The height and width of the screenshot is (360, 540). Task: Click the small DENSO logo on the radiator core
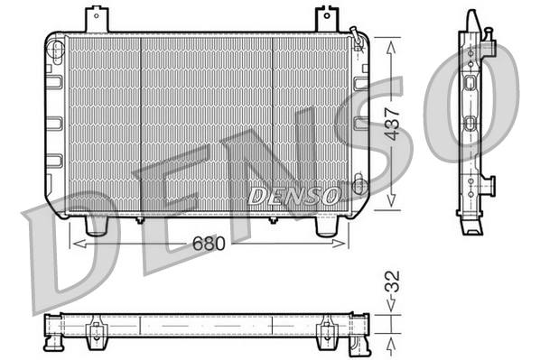click(x=293, y=194)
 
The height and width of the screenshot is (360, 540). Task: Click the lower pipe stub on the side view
click(x=490, y=184)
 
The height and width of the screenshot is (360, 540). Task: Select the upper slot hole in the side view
click(x=470, y=83)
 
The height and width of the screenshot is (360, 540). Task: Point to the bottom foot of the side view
click(x=470, y=226)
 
